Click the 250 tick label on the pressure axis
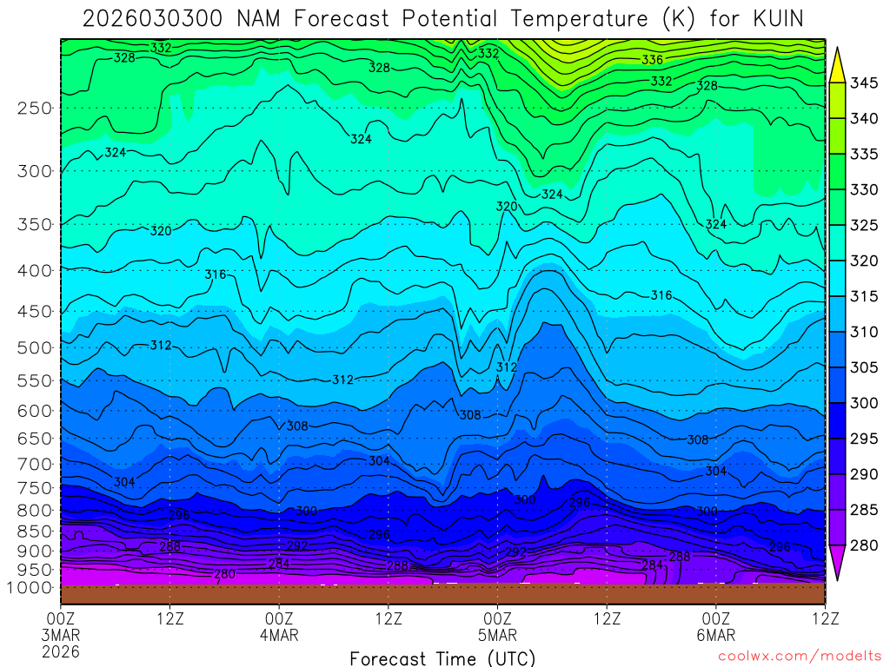pyautogui.click(x=35, y=109)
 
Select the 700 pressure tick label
pyautogui.click(x=35, y=464)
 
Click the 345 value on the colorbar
pyautogui.click(x=864, y=83)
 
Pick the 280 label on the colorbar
pyautogui.click(x=864, y=545)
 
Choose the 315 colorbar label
pyautogui.click(x=864, y=297)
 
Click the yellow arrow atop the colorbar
pyautogui.click(x=838, y=64)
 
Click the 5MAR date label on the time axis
pyautogui.click(x=497, y=635)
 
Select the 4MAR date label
pyautogui.click(x=279, y=635)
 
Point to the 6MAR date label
pyautogui.click(x=715, y=635)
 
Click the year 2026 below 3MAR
pyautogui.click(x=61, y=651)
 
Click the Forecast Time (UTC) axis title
pyautogui.click(x=442, y=658)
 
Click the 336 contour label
pyautogui.click(x=652, y=60)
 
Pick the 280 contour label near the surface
pyautogui.click(x=224, y=574)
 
